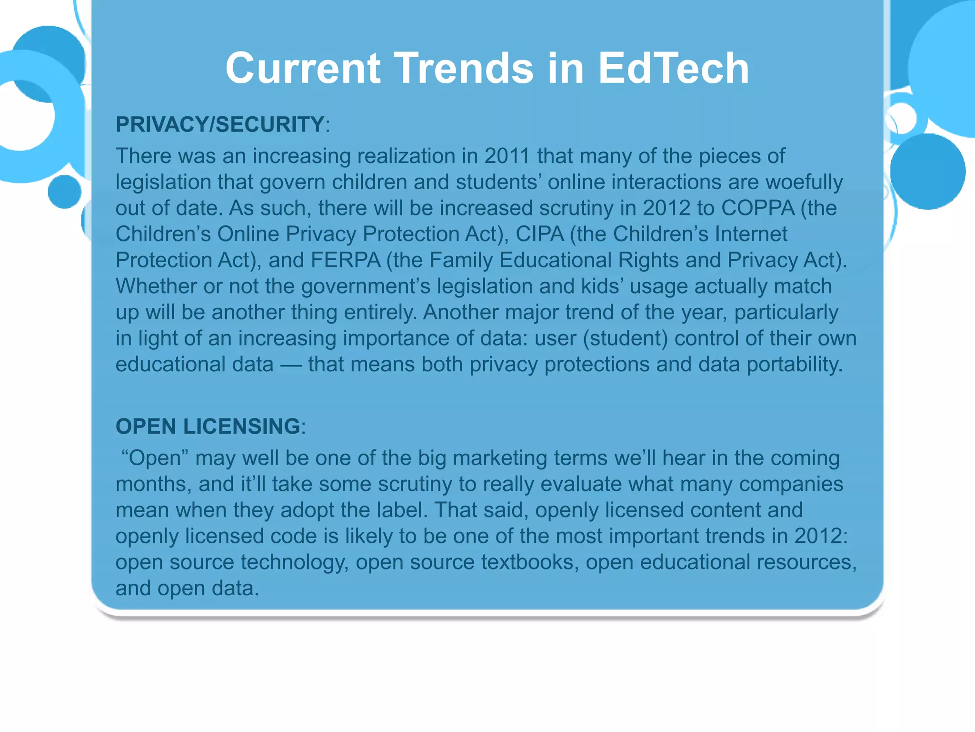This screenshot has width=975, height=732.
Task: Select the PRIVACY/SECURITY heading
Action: pyautogui.click(x=220, y=124)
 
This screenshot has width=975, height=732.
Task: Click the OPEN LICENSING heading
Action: pyautogui.click(x=208, y=426)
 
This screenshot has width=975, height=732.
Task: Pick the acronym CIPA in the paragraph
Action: pyautogui.click(x=540, y=234)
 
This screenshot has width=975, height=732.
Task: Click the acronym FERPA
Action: pyautogui.click(x=346, y=260)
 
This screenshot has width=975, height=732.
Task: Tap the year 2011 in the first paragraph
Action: pyautogui.click(x=507, y=156)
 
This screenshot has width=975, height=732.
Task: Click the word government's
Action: pyautogui.click(x=365, y=286)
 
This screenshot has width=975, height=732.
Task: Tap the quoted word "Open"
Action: pyautogui.click(x=155, y=458)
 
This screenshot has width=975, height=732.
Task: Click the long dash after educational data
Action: pyautogui.click(x=290, y=365)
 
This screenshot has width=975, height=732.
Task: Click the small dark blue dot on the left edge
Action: pyautogui.click(x=65, y=192)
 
